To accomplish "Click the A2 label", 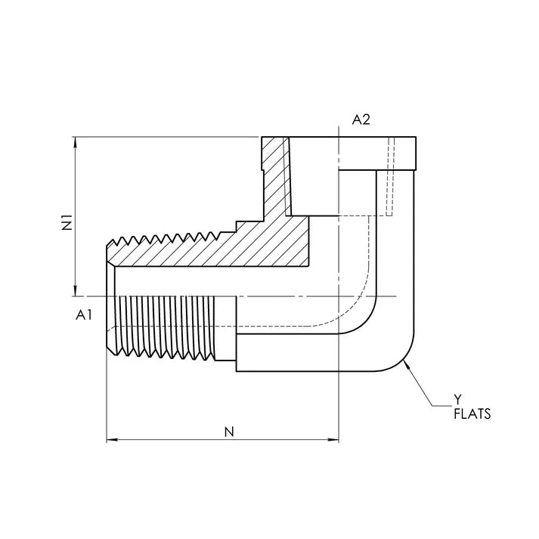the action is [361, 119].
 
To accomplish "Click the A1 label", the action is [84, 314].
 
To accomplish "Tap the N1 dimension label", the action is [67, 222].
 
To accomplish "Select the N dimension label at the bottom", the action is [229, 432].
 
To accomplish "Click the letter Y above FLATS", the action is [457, 399].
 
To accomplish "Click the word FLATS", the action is [472, 414].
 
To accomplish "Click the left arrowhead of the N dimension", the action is [112, 440].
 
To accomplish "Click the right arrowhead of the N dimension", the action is [334, 440].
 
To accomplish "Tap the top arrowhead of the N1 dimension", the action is [76, 142].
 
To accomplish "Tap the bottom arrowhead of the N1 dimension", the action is [76, 291].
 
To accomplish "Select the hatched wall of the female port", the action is [276, 177].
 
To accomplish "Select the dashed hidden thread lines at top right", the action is [390, 177].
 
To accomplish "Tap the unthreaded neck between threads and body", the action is [226, 328].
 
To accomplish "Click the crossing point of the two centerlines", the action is [339, 296].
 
